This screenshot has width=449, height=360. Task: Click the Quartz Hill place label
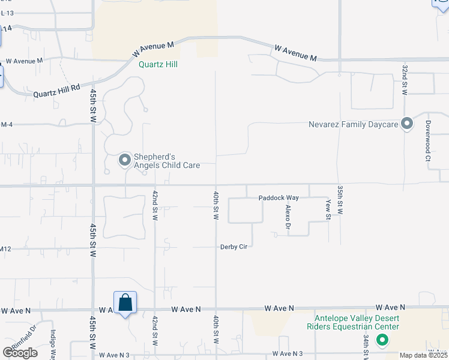158,64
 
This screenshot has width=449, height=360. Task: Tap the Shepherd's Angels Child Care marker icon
125,160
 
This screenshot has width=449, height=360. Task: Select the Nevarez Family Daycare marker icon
407,124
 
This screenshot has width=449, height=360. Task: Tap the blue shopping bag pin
125,303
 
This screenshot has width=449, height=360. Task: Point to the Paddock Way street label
279,197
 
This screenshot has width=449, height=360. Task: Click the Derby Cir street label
234,247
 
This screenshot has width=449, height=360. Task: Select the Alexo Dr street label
288,217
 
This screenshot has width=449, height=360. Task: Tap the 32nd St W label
405,80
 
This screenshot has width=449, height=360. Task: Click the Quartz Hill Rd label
56,91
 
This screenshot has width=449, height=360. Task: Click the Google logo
19,353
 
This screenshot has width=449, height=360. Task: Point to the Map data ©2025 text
423,355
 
